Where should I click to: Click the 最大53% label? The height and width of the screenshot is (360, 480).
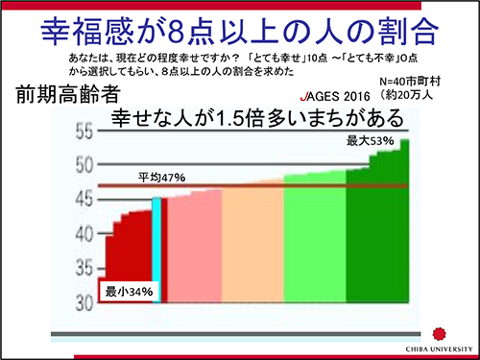[x=371, y=141]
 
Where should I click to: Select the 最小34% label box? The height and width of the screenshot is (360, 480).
[x=129, y=290]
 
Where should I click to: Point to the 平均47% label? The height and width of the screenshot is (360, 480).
[x=161, y=178]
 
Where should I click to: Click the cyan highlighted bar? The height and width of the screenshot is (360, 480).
[x=157, y=250]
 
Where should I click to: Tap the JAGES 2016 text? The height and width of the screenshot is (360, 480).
[x=336, y=98]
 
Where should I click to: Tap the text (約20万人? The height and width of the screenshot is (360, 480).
[x=416, y=97]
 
